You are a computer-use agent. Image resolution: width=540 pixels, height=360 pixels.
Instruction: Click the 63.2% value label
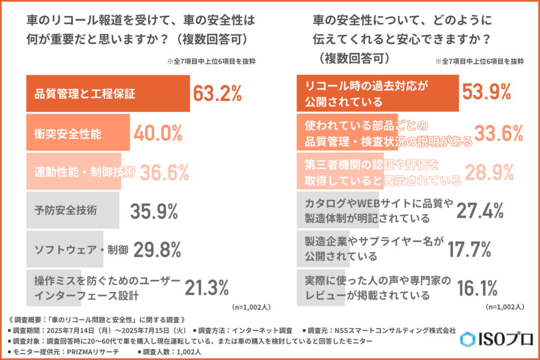point(217,94)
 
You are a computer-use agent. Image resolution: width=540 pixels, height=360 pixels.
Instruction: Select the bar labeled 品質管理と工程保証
point(108,94)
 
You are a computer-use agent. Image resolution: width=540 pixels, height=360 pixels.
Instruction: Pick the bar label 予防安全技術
point(68,211)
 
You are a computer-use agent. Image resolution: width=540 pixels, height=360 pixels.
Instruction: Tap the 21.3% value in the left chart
point(206,288)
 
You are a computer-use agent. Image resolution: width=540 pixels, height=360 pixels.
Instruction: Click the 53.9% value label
point(486,92)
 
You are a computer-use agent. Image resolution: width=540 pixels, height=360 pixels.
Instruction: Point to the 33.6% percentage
point(498,134)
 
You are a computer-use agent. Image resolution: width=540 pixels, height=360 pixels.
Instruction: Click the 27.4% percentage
point(478,210)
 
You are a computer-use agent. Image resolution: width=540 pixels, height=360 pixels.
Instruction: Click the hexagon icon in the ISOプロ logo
point(466,338)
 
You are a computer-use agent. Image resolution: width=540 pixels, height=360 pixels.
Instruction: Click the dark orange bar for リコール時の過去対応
point(378,92)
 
